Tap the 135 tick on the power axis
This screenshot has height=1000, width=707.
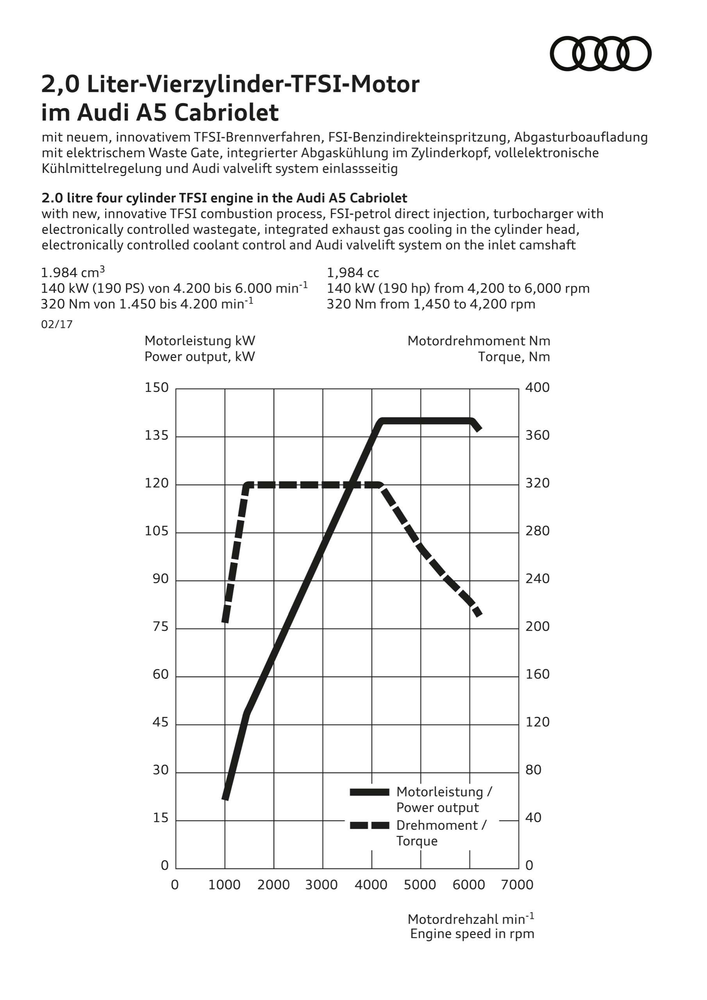[x=156, y=436]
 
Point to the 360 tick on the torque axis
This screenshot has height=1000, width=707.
[x=537, y=436]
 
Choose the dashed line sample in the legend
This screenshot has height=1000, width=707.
[x=370, y=825]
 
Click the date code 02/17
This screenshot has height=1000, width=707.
[x=57, y=325]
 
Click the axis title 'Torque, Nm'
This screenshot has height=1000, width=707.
[x=514, y=357]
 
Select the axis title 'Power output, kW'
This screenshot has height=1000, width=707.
[x=200, y=357]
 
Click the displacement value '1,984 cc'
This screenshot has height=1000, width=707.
[x=353, y=273]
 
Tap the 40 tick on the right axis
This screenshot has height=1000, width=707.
[x=533, y=818]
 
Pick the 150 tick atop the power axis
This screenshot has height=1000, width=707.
[x=156, y=387]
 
